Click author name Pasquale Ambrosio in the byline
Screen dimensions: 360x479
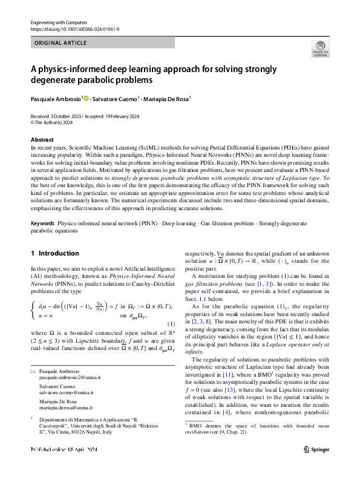(55, 98)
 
